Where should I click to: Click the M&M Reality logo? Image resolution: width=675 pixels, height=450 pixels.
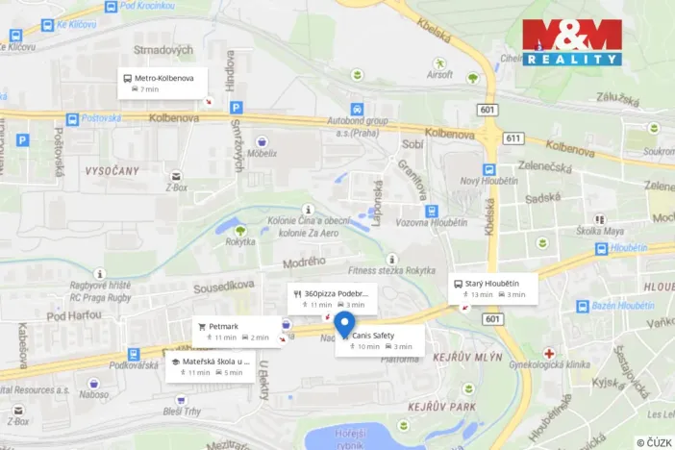tap(572, 42)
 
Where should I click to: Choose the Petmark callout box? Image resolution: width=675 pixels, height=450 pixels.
tap(234, 332)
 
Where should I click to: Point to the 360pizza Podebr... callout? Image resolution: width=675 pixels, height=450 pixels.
tap(329, 298)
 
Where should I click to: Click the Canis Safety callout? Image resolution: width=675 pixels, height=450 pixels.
tap(379, 340)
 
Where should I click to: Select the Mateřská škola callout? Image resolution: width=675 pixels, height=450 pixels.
tap(210, 366)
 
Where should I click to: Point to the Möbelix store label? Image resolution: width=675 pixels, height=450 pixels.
tap(262, 152)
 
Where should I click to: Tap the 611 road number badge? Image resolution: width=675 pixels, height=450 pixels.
tap(512, 138)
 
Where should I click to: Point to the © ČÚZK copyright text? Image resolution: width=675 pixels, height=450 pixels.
tap(654, 441)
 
